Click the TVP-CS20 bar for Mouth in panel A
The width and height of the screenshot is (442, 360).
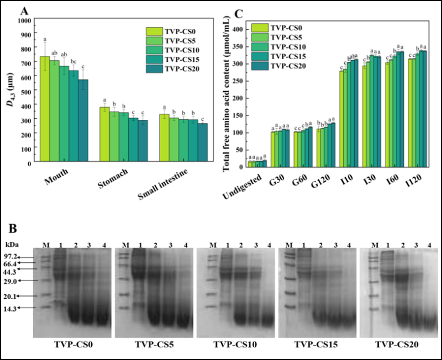83,121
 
